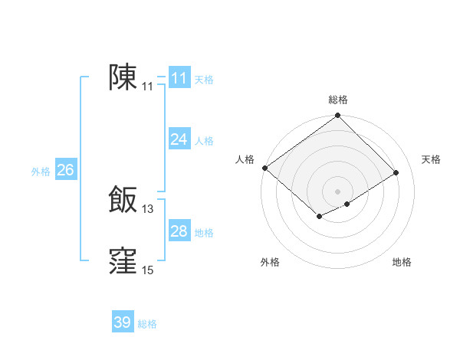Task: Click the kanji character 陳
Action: point(123,78)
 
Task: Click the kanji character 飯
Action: point(123,200)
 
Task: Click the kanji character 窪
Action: point(123,260)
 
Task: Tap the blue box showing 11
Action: point(179,78)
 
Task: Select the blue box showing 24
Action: point(179,139)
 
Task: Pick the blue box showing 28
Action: point(179,231)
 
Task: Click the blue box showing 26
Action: point(65,170)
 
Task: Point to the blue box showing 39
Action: point(123,322)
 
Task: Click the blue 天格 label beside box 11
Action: point(204,80)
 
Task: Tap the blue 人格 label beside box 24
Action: point(204,141)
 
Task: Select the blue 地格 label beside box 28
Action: point(204,233)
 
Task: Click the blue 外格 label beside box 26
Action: point(41,172)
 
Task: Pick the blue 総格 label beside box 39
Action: point(147,325)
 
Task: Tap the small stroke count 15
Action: point(148,270)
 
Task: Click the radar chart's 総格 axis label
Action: point(338,100)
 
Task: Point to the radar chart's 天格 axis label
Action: point(431,159)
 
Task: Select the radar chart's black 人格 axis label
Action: point(245,159)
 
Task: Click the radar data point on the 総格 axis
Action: point(338,116)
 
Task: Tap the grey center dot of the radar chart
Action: point(337,191)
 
